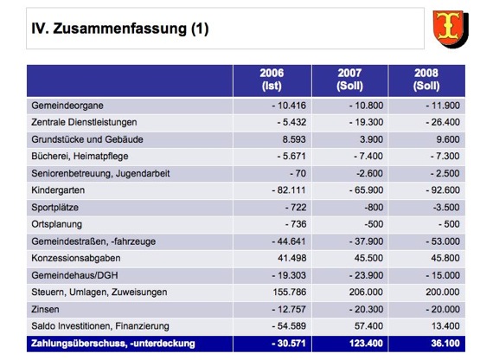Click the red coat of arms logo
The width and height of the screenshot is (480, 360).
[x=451, y=29]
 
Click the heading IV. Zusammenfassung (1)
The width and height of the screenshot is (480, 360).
[x=120, y=29]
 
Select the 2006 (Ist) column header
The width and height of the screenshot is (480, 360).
[x=272, y=80]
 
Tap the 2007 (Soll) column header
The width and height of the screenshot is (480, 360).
[x=349, y=80]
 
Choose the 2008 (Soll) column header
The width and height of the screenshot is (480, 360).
[x=426, y=80]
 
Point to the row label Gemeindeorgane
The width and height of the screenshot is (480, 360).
[x=67, y=106]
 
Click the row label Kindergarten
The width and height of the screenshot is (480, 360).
[x=58, y=190]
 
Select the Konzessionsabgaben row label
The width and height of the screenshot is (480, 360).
[x=75, y=258]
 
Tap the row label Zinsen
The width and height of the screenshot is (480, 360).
[x=45, y=310]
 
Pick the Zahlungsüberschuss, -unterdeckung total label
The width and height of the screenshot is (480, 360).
[x=113, y=344]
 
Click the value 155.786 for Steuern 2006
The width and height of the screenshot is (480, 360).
[x=289, y=292]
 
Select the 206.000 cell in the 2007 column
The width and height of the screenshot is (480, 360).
[x=366, y=292]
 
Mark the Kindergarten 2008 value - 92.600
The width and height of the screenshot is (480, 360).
[x=443, y=190]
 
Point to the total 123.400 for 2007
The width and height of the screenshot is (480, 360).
[x=366, y=344]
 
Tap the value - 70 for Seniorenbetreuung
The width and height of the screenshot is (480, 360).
[x=298, y=173]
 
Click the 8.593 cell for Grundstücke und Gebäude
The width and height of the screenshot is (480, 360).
[x=294, y=139]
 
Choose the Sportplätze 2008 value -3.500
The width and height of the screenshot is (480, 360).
[x=446, y=208]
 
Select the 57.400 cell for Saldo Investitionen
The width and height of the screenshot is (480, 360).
[x=368, y=326]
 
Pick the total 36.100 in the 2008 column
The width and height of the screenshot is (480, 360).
[x=445, y=344]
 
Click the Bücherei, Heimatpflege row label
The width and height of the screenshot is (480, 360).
[x=80, y=157]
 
